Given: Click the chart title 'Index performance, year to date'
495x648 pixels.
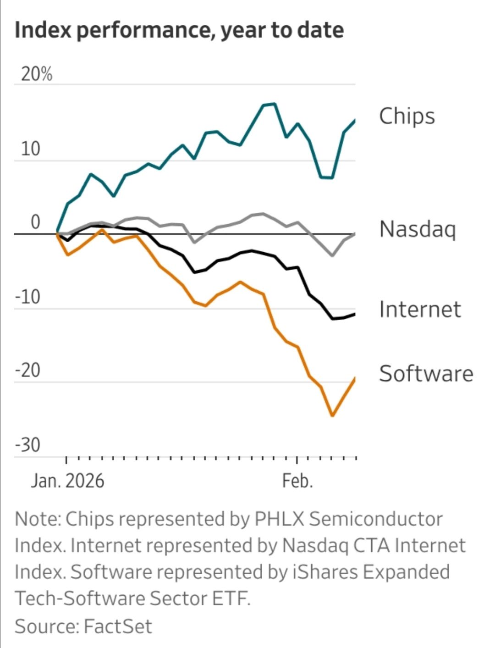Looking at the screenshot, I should click(179, 31).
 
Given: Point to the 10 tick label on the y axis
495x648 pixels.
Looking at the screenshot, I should click(30, 149).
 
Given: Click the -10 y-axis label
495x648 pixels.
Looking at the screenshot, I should click(27, 297).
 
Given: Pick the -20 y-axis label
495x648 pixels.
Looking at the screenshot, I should click(27, 370).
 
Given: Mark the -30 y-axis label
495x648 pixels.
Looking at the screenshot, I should click(27, 444).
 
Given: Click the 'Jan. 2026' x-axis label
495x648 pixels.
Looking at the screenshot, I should click(67, 481).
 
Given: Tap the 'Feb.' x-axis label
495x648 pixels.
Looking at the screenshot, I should click(297, 481).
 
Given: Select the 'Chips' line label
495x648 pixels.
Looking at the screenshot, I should click(407, 116).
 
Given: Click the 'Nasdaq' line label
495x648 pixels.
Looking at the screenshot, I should click(418, 229).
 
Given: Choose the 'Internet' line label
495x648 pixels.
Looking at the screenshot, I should click(420, 310).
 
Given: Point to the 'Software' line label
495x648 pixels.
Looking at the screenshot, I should click(426, 374).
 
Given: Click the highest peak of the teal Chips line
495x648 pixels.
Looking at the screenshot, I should click(274, 104).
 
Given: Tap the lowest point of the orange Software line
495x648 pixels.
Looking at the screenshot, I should click(332, 415).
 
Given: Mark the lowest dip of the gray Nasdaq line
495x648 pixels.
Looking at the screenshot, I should click(332, 255).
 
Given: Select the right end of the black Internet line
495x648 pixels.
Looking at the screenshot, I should click(354, 314).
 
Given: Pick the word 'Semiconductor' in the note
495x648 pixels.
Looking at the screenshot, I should click(375, 519).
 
